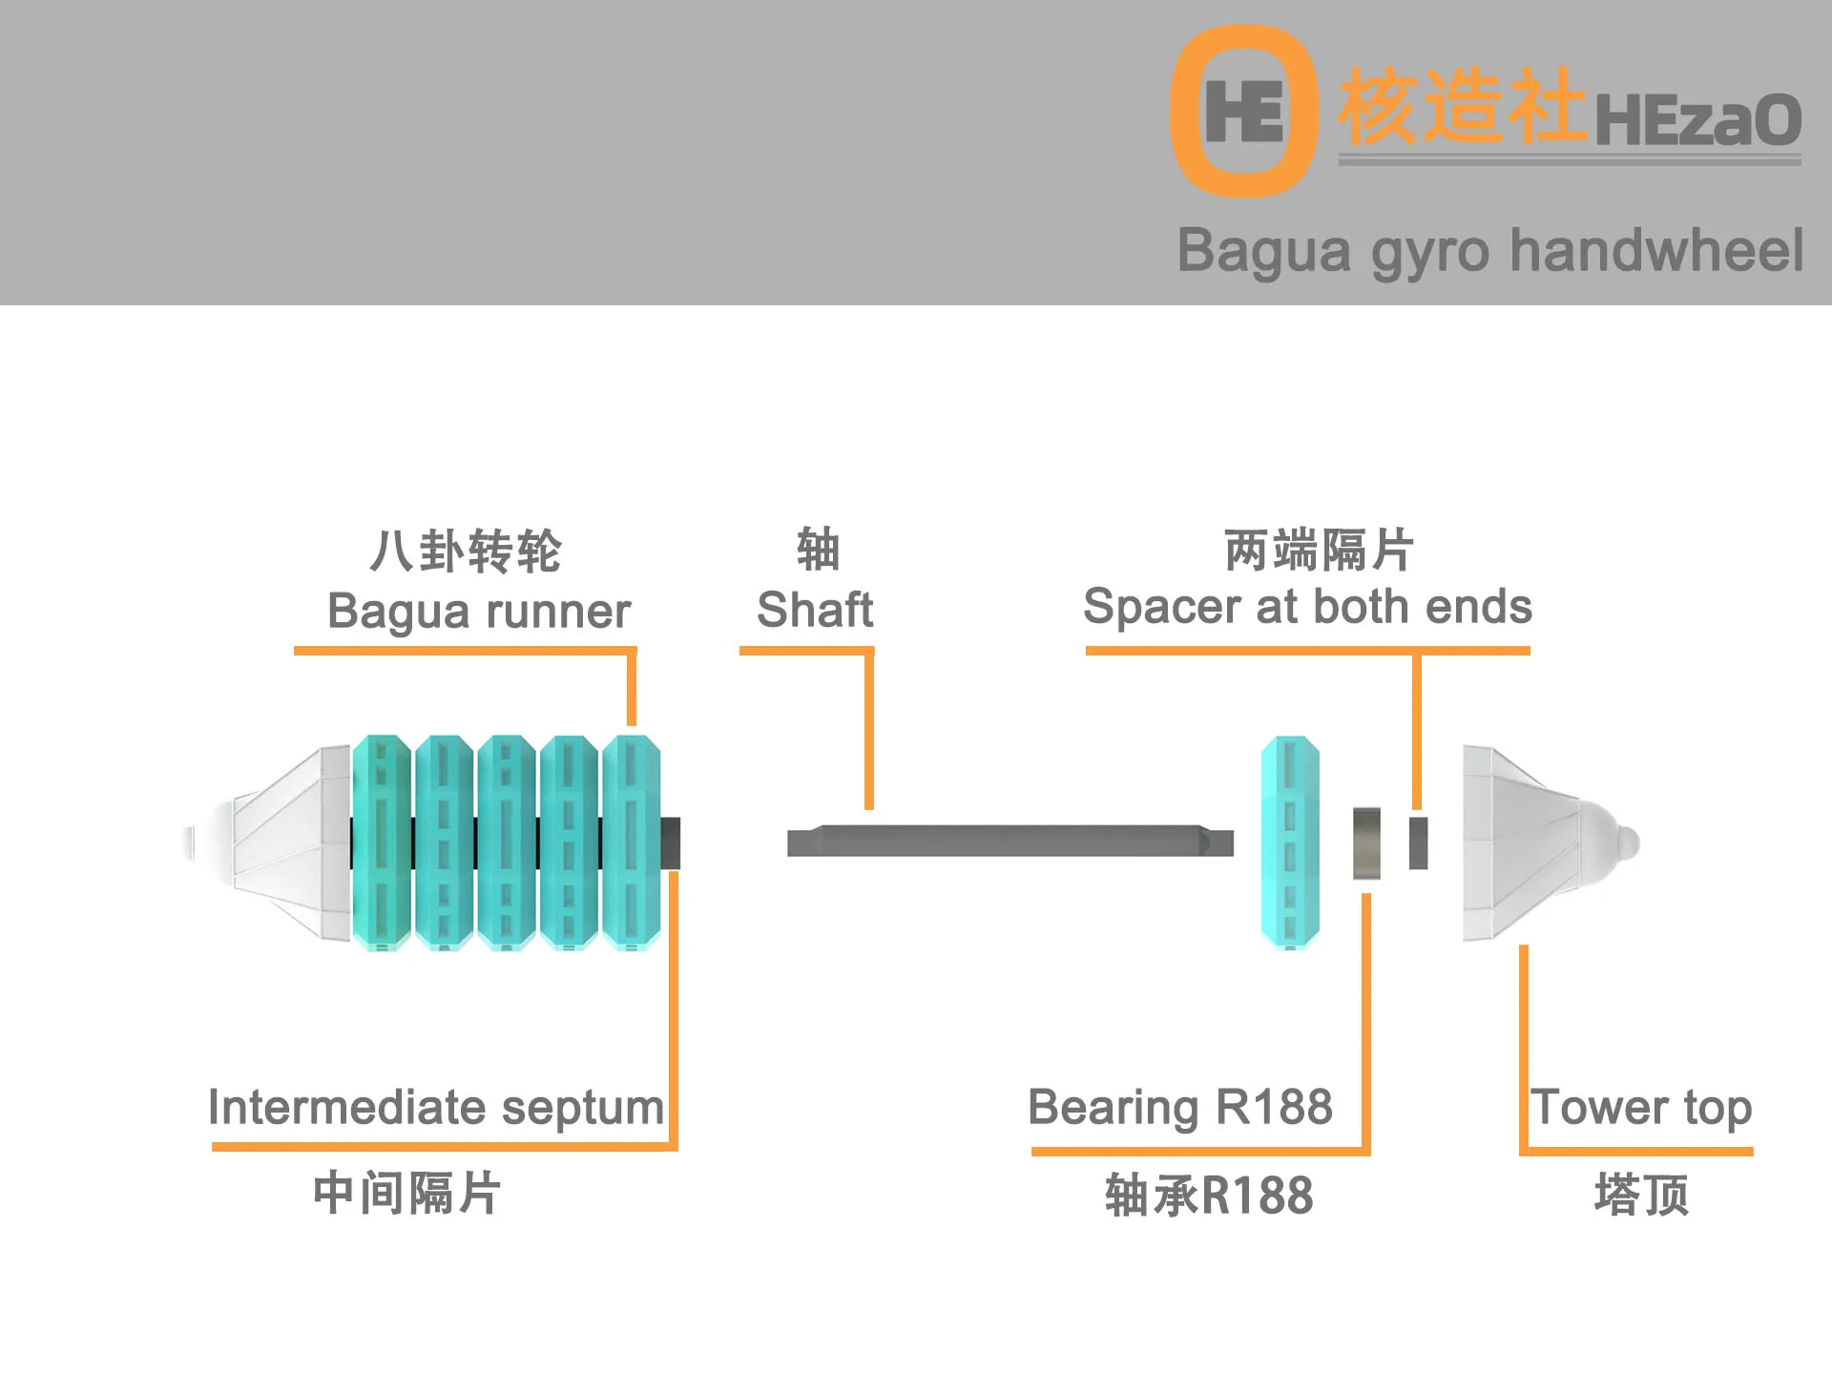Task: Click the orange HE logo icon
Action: point(1243,111)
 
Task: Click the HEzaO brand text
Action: point(1697,120)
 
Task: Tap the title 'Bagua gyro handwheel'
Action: point(1489,251)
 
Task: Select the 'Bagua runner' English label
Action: point(479,611)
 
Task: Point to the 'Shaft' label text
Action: point(815,610)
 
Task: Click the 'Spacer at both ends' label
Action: point(1307,607)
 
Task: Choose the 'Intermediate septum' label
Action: point(436,1108)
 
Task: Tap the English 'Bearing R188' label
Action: point(1180,1108)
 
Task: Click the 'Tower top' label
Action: point(1641,1108)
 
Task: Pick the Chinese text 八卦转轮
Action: point(466,552)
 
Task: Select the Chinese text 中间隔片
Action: point(407,1194)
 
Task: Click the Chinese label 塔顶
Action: point(1641,1195)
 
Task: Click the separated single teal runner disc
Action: point(1290,842)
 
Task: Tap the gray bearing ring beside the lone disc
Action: point(1366,843)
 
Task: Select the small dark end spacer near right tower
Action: point(1419,843)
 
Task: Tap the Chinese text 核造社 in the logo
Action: point(1460,107)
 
